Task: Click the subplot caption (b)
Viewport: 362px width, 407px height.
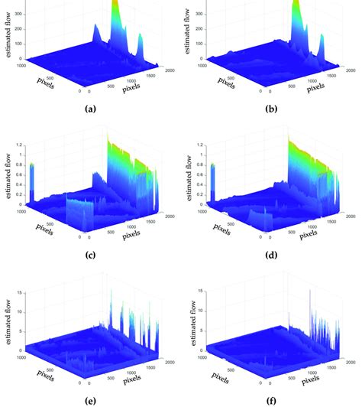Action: pyautogui.click(x=271, y=109)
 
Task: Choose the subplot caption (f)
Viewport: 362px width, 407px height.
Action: pyautogui.click(x=271, y=397)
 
